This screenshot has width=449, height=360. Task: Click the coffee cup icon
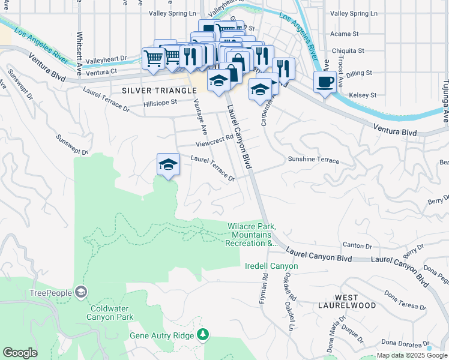(325, 82)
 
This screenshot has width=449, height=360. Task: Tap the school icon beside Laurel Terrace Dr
(169, 164)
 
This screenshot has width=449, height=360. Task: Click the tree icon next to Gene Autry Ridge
(203, 334)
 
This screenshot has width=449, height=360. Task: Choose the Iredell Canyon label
(271, 266)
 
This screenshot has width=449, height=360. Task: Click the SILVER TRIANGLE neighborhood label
(159, 91)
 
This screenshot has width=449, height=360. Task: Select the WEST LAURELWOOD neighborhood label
(355, 301)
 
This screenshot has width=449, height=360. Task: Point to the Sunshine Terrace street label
(313, 161)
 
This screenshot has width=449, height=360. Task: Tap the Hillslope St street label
(160, 103)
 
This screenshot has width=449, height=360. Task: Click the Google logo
(20, 353)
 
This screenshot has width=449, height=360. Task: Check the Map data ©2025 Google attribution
(411, 355)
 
